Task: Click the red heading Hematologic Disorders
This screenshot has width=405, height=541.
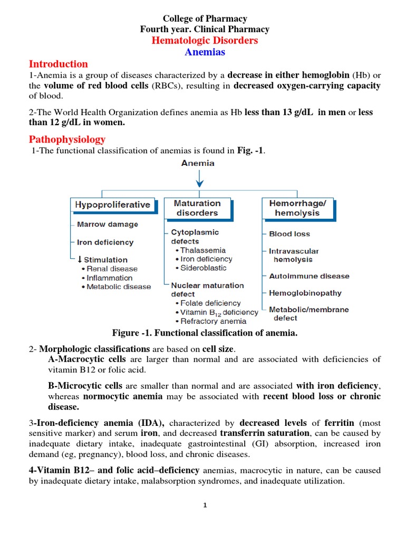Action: [205, 41]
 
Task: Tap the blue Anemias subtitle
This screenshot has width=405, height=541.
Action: [205, 52]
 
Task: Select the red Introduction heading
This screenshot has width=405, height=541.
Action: [58, 64]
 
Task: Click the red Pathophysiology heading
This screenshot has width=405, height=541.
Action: [67, 139]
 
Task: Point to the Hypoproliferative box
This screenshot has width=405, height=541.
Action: [112, 204]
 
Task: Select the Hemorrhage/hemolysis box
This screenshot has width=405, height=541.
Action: [297, 208]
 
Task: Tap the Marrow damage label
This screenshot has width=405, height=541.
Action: [107, 225]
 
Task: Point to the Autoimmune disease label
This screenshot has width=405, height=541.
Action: [309, 276]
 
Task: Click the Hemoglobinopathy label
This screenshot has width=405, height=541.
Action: [305, 293]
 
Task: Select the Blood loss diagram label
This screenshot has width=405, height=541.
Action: [289, 234]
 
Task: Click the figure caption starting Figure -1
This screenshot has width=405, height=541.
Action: [205, 333]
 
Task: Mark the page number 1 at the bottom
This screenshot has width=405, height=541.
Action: [205, 505]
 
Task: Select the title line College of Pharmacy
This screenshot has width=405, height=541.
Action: [205, 19]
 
